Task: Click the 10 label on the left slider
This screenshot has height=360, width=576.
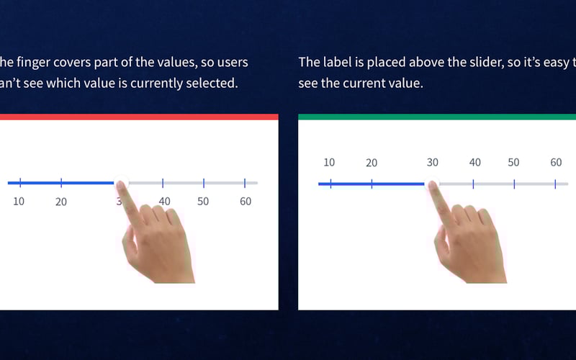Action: click(x=19, y=201)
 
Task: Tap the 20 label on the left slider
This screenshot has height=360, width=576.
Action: click(x=61, y=202)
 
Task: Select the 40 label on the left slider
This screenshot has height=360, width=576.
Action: click(x=165, y=201)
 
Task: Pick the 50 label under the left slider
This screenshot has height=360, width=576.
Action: click(x=203, y=201)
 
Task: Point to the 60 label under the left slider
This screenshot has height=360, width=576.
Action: click(x=246, y=201)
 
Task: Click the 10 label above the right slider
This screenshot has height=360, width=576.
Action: click(x=329, y=162)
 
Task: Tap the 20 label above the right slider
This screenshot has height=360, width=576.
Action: click(x=372, y=163)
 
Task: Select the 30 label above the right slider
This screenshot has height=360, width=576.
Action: click(x=432, y=162)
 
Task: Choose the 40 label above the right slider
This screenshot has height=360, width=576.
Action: click(x=475, y=162)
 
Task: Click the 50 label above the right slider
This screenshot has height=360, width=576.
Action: click(x=513, y=162)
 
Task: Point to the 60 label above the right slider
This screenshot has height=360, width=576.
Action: click(x=556, y=162)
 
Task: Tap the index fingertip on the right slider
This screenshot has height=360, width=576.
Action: click(x=433, y=186)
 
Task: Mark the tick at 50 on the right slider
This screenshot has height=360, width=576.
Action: click(x=514, y=184)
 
